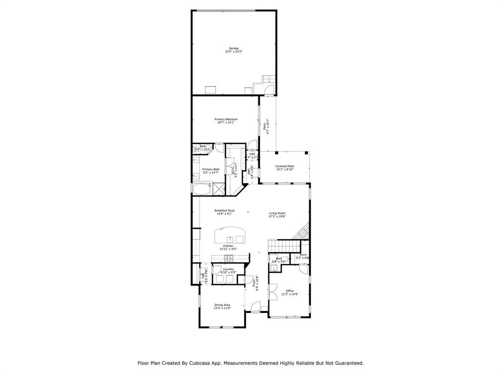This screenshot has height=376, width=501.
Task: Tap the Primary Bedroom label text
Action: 226,119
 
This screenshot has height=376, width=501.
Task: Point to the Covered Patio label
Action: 284,166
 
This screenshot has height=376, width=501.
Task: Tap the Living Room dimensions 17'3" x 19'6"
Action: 277,216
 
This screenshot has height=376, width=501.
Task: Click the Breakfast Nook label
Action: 224,211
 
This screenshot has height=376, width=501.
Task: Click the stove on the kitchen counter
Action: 228,258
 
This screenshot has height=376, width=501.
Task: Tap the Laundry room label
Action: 228,269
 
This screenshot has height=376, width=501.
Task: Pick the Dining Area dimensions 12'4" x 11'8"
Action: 222,308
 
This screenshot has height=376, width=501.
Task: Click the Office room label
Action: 290,291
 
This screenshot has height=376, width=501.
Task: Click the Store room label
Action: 303,255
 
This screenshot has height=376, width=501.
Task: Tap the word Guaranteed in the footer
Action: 346,363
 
